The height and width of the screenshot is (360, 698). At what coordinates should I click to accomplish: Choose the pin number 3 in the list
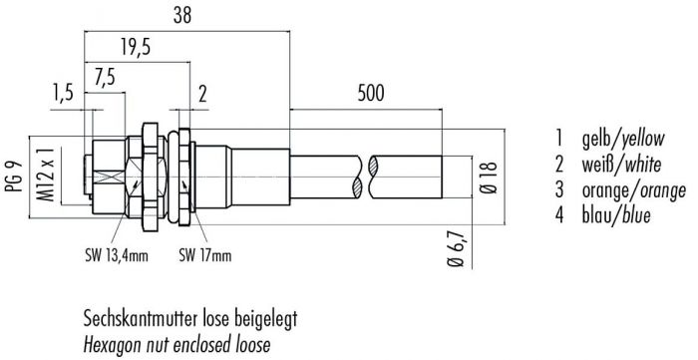tap(561, 189)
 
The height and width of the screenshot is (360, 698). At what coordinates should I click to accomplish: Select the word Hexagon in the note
tap(114, 345)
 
